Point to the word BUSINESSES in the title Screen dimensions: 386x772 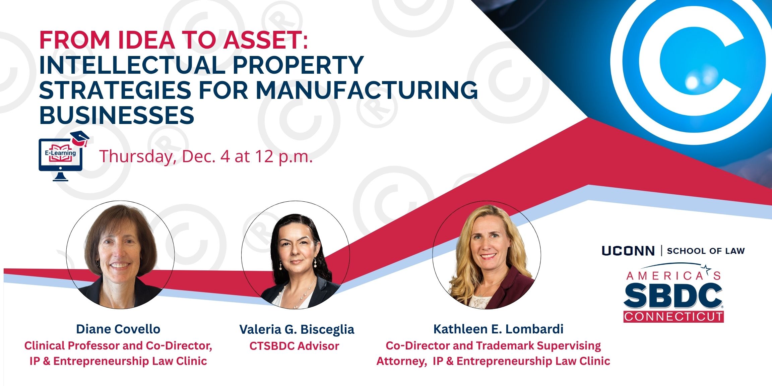pos(117,115)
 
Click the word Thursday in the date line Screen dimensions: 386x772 pos(137,156)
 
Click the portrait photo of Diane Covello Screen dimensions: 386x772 pos(120,255)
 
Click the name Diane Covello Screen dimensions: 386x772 pos(118,329)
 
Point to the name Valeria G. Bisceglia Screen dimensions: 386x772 pos(297,329)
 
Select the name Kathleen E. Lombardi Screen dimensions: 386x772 pos(498,329)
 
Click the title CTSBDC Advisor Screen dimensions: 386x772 pos(294,346)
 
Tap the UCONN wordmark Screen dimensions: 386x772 pos(628,251)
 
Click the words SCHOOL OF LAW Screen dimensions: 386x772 pos(706,251)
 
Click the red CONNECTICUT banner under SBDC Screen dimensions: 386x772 pos(673,317)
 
